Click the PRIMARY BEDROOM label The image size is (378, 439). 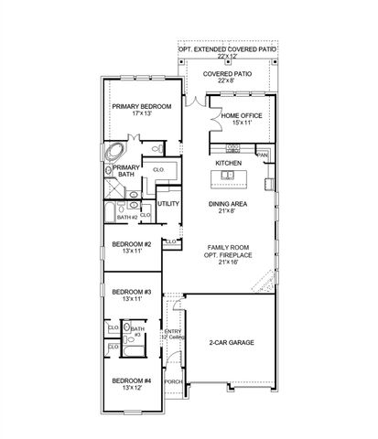point(141,106)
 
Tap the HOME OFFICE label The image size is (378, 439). point(242,116)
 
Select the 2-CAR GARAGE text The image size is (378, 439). point(230,342)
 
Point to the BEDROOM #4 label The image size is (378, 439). point(131,380)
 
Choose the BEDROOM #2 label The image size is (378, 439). point(131,244)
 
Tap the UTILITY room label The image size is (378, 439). point(167,204)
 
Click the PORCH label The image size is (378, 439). point(172,381)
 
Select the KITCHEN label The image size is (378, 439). point(228,163)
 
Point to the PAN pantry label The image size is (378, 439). point(262,155)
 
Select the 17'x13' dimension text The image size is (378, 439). point(141,114)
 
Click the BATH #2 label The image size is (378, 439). point(126,217)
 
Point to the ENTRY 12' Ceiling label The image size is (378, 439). point(172,335)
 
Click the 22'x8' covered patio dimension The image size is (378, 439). point(227,80)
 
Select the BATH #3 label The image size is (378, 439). point(139,331)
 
